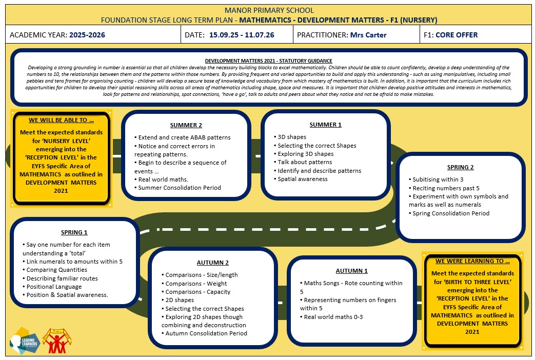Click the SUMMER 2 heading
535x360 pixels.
pyautogui.click(x=186, y=125)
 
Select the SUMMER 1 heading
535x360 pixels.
pyautogui.click(x=326, y=125)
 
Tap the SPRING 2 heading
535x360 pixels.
pyautogui.click(x=460, y=167)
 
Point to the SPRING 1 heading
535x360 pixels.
pyautogui.click(x=74, y=232)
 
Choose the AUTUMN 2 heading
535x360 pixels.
pyautogui.click(x=212, y=263)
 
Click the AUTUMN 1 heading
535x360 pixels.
pyautogui.click(x=351, y=271)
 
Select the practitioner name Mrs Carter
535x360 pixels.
pyautogui.click(x=368, y=35)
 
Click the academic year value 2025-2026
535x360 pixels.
pyautogui.click(x=87, y=35)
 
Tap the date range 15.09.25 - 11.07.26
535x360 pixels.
pyautogui.click(x=242, y=35)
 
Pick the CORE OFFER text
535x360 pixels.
pyautogui.click(x=457, y=35)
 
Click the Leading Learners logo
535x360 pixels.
pyautogui.click(x=25, y=341)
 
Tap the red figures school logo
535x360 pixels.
pyautogui.click(x=57, y=341)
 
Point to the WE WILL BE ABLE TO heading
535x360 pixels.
pyautogui.click(x=61, y=120)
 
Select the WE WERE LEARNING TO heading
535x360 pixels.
pyautogui.click(x=472, y=261)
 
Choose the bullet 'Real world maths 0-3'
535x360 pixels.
pyautogui.click(x=331, y=317)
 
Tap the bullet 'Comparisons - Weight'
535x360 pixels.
pyautogui.click(x=194, y=284)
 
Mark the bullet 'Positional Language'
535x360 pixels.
pyautogui.click(x=52, y=287)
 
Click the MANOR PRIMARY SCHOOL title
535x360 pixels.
pyautogui.click(x=269, y=10)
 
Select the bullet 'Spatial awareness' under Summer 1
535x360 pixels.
pyautogui.click(x=301, y=179)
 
